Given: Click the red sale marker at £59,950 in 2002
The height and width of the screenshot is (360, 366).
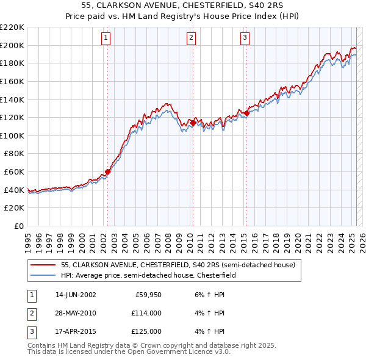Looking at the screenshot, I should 108,171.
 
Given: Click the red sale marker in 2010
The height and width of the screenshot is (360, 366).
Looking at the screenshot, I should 193,123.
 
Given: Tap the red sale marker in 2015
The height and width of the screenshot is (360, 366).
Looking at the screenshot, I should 246,112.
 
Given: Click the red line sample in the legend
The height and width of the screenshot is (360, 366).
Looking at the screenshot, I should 44,265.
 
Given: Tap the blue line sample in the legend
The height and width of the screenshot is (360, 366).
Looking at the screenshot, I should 44,275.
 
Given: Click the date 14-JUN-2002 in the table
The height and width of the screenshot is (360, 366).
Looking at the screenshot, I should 76,295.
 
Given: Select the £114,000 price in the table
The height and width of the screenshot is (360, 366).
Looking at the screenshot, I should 147,313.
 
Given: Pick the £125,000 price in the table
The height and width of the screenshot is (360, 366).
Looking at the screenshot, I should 147,331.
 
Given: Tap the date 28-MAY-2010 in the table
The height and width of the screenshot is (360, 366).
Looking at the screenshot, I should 76,313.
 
